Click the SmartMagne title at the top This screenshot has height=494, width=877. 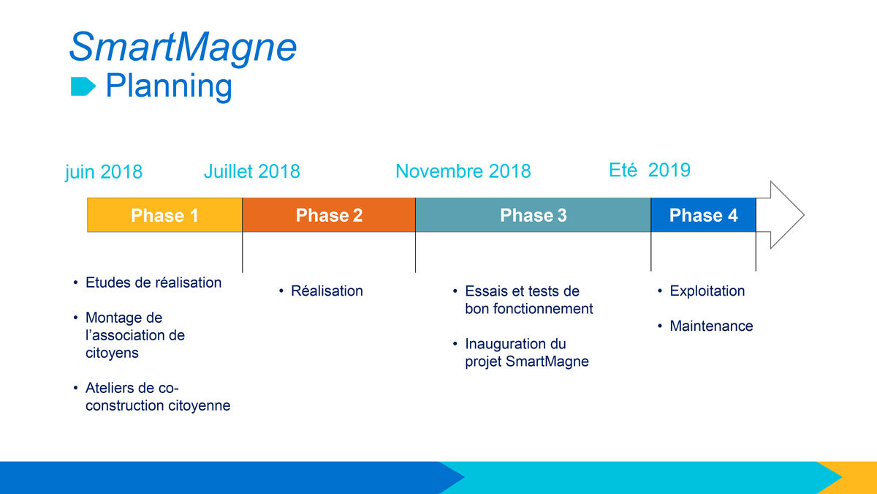[183, 48]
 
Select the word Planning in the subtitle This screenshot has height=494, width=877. [169, 86]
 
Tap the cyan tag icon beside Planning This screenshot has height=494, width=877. [83, 86]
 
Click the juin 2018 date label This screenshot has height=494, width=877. [104, 172]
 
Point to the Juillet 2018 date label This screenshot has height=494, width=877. [252, 171]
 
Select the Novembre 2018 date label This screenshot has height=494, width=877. [463, 171]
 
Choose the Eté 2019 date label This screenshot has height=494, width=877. [650, 170]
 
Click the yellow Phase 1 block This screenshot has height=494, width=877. [165, 215]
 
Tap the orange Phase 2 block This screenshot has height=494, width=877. [329, 215]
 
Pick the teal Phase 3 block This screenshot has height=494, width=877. [534, 215]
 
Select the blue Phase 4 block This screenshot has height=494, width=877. [704, 215]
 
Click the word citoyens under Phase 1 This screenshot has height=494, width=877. [112, 353]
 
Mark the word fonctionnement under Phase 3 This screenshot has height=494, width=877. [543, 309]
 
